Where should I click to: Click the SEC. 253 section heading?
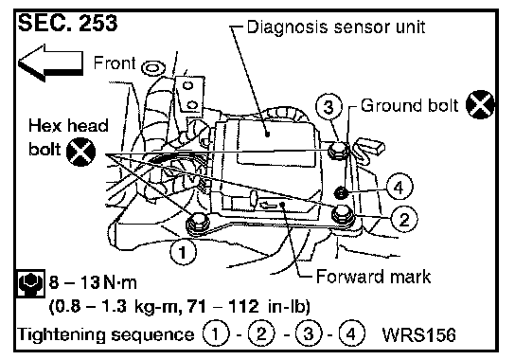67,24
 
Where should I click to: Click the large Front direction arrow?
50,63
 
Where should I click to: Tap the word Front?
115,63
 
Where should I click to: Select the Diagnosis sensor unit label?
336,27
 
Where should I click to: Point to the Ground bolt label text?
409,105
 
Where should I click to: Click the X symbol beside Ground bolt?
480,104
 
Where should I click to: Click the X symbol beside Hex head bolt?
80,152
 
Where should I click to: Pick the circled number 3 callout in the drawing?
329,107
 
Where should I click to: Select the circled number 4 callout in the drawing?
400,187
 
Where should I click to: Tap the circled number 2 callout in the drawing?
404,219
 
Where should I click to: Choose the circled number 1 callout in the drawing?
183,252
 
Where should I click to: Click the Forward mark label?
373,277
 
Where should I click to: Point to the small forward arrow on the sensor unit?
268,206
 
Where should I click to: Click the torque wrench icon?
30,283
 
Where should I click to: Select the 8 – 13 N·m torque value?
93,282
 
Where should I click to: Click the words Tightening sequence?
105,334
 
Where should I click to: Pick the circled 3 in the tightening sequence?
309,334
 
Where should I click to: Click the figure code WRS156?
419,334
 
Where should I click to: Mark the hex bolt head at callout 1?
198,224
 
